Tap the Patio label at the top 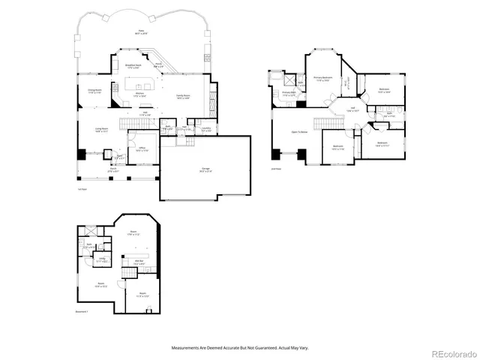140,32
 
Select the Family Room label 182,97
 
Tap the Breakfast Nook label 135,67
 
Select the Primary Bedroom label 322,78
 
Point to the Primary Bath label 289,94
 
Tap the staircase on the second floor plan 323,122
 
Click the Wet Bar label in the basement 139,262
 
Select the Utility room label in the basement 103,259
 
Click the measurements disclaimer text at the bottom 240,347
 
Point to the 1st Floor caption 82,189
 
